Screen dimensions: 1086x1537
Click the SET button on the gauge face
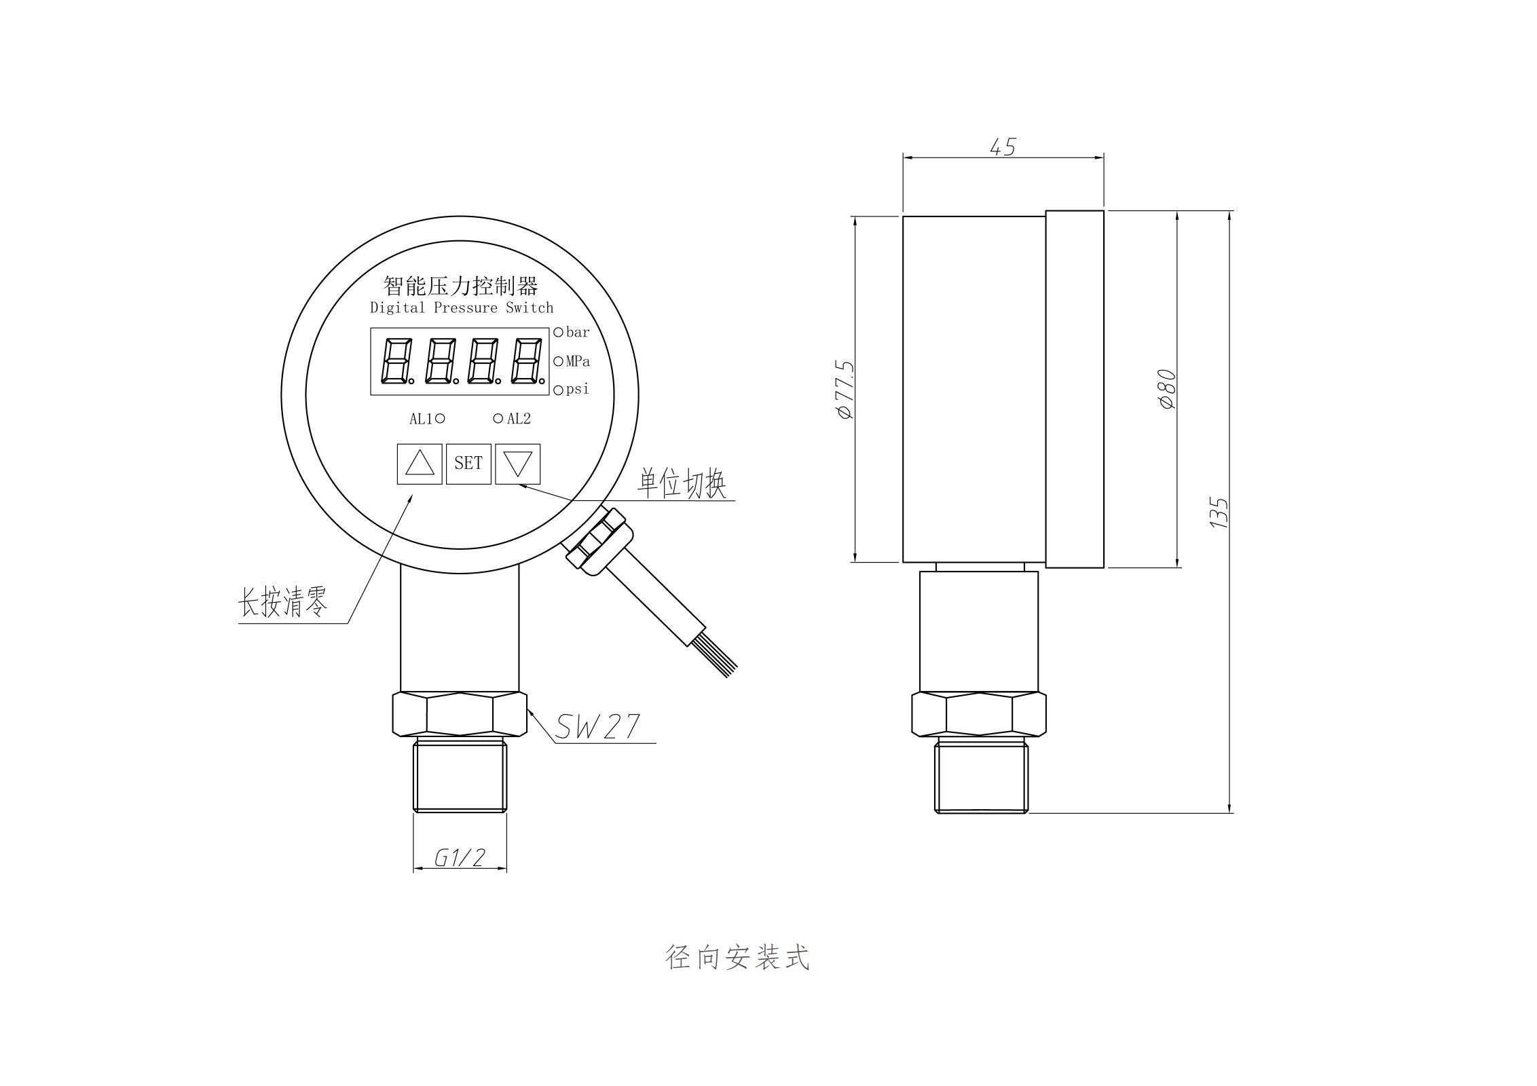468,464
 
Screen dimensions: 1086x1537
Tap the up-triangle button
420,464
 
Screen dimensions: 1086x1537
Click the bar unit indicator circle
559,332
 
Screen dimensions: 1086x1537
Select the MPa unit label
578,361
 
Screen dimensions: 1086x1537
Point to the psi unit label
578,390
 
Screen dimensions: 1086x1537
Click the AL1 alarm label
421,419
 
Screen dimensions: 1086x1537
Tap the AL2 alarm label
519,419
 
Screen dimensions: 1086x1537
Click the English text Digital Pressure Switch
462,308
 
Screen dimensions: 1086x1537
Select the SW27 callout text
597,727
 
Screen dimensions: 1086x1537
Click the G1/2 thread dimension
460,858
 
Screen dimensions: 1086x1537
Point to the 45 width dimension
1003,147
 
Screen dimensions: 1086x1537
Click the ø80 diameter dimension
1167,389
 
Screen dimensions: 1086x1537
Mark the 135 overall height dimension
1219,512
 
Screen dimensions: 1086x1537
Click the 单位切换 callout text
682,484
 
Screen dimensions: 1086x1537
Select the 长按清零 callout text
282,602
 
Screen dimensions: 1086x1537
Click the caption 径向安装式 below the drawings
737,958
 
